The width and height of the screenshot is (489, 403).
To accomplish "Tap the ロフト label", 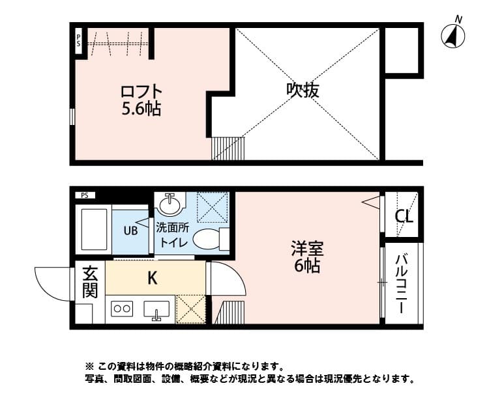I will [140, 92].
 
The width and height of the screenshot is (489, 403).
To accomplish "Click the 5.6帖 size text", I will [141, 109].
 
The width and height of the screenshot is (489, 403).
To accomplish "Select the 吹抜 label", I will [303, 90].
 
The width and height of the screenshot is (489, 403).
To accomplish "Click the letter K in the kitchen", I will [151, 278].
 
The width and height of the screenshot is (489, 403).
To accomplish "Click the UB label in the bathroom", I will [130, 229].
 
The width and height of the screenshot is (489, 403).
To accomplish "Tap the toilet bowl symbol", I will [208, 239].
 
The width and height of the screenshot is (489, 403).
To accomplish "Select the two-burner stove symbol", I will [123, 309].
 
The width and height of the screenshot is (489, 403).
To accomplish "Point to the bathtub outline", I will [93, 229].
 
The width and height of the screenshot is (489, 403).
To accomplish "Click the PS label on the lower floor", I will [85, 195].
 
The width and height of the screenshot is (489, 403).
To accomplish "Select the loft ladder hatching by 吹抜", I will [227, 148].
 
